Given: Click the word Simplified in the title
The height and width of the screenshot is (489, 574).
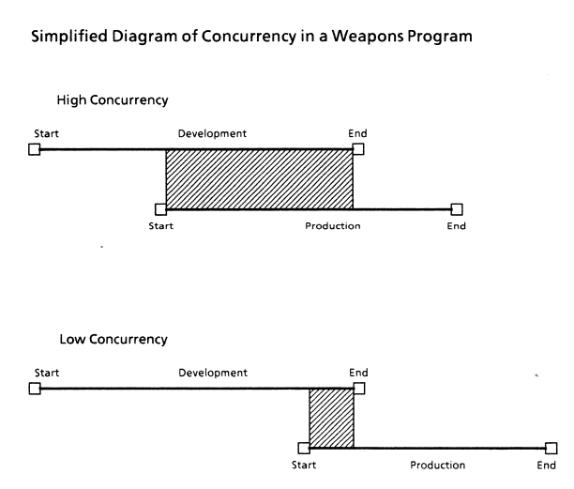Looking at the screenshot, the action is [69, 37].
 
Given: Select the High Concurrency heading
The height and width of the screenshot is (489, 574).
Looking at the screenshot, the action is [113, 100].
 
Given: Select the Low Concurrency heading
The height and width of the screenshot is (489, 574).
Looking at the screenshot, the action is [113, 339].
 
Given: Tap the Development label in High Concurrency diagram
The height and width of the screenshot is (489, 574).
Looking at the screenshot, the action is [212, 133].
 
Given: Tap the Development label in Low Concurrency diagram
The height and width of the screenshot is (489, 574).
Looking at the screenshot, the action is [213, 373].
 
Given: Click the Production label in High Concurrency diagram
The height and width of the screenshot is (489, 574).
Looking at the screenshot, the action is [333, 225].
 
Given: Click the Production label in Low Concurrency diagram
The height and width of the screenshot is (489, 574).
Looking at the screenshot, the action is [437, 465].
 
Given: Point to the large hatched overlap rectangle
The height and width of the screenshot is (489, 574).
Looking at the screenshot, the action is [260, 179].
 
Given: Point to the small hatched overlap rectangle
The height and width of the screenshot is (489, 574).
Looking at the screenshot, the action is [332, 419].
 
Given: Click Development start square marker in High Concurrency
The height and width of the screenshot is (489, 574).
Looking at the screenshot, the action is [35, 149].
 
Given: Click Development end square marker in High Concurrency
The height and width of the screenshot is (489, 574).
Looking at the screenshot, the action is [358, 149].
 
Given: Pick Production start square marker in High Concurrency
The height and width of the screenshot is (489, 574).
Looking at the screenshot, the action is [160, 209].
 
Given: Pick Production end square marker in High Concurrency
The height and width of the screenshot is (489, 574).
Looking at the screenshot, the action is [457, 209].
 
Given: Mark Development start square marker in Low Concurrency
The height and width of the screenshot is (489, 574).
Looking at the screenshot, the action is [35, 389].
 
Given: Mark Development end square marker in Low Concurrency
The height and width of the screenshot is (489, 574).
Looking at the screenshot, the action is [359, 389].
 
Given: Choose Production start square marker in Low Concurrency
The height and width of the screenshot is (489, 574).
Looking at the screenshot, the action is [304, 448].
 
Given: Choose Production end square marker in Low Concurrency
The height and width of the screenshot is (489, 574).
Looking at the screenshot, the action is [551, 448].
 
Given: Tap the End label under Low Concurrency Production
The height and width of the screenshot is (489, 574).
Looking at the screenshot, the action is [547, 466].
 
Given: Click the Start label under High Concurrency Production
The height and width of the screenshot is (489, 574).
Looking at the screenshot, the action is [160, 225].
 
